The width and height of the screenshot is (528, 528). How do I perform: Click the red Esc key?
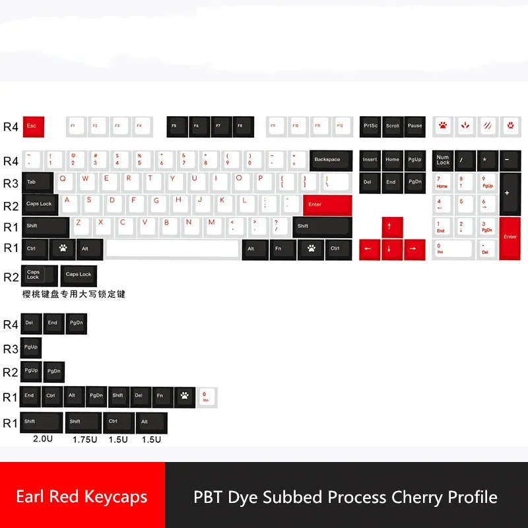(32, 126)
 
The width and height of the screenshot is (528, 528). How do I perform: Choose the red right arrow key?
(412, 249)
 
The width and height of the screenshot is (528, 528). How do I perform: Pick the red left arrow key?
(368, 249)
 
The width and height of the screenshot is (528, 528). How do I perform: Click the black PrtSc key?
(370, 126)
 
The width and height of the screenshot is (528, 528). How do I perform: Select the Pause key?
(414, 126)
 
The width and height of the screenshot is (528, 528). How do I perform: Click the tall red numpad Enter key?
(510, 238)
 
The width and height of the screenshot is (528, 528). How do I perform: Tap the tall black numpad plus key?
(510, 193)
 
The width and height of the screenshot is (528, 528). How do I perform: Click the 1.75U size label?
(85, 439)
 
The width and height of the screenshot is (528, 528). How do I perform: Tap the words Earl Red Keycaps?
(82, 496)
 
